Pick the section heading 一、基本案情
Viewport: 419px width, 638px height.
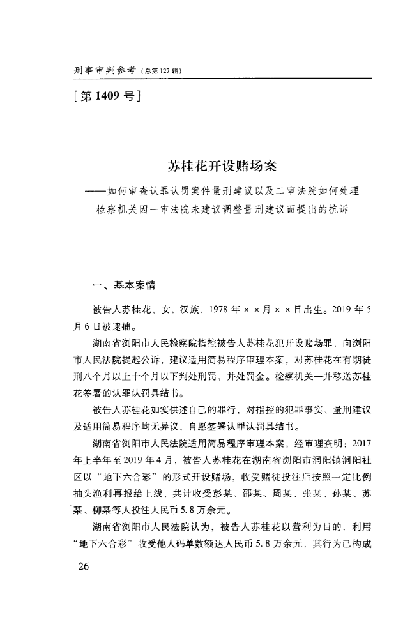(119, 285)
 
